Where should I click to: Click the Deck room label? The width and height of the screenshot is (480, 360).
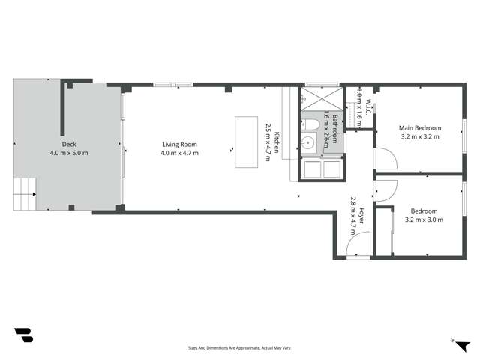pos(69,145)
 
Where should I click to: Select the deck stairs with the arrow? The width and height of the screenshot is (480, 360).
pos(25,193)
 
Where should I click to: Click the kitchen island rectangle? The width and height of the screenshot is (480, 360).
pos(246,142)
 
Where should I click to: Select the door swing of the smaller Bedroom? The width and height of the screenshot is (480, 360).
pos(382,193)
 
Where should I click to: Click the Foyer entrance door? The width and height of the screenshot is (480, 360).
pos(361,244)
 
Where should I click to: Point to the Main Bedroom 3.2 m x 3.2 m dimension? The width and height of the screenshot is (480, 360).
pos(420,137)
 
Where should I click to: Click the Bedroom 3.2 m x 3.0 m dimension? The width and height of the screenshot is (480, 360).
pos(424,220)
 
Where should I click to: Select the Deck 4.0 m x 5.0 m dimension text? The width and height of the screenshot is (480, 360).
pos(69,153)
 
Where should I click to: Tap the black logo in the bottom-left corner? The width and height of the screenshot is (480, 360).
pos(23,335)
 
